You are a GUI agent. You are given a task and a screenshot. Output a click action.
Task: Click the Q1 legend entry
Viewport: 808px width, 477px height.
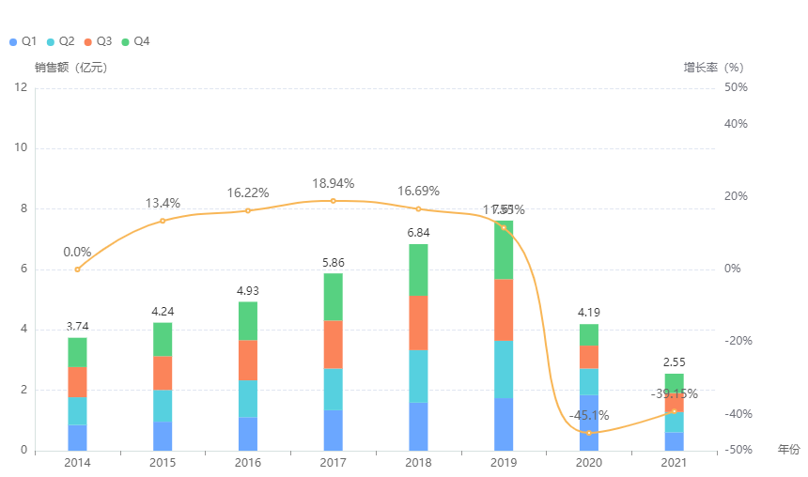point(23,41)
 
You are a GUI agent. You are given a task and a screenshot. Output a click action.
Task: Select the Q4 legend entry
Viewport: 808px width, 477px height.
point(135,41)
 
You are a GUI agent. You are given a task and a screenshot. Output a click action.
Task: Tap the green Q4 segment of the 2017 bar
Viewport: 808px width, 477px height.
point(333,297)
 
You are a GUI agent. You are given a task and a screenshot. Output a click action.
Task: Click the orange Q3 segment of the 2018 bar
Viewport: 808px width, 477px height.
point(418,323)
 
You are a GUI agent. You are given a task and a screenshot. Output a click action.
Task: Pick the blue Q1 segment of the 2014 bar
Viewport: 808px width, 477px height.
point(77,438)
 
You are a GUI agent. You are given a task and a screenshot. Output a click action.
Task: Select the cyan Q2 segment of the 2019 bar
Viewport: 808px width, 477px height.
point(504,369)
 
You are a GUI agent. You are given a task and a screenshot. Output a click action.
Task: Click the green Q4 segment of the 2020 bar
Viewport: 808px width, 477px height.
point(589,334)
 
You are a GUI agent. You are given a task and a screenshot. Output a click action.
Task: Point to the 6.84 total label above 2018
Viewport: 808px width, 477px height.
point(418,232)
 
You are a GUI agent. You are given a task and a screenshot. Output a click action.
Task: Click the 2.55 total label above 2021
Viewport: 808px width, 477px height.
point(674,362)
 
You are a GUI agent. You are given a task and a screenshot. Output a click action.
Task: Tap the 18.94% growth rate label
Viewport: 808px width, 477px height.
point(333,183)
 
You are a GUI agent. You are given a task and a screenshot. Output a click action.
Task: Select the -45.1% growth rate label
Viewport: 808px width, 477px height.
point(589,415)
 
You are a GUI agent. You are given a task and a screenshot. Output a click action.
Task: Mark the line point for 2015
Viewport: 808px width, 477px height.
point(163,221)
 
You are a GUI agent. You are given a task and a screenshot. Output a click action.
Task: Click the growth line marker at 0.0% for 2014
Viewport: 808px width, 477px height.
point(77,269)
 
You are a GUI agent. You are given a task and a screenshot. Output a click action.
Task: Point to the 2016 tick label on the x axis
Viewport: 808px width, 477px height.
point(247,464)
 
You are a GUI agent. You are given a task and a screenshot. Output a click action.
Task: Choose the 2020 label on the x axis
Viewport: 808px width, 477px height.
point(589,464)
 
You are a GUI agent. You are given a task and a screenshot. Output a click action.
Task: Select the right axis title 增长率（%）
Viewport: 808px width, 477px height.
point(713,68)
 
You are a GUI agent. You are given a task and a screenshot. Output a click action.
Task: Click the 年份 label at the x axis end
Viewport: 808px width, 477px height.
point(789,450)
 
